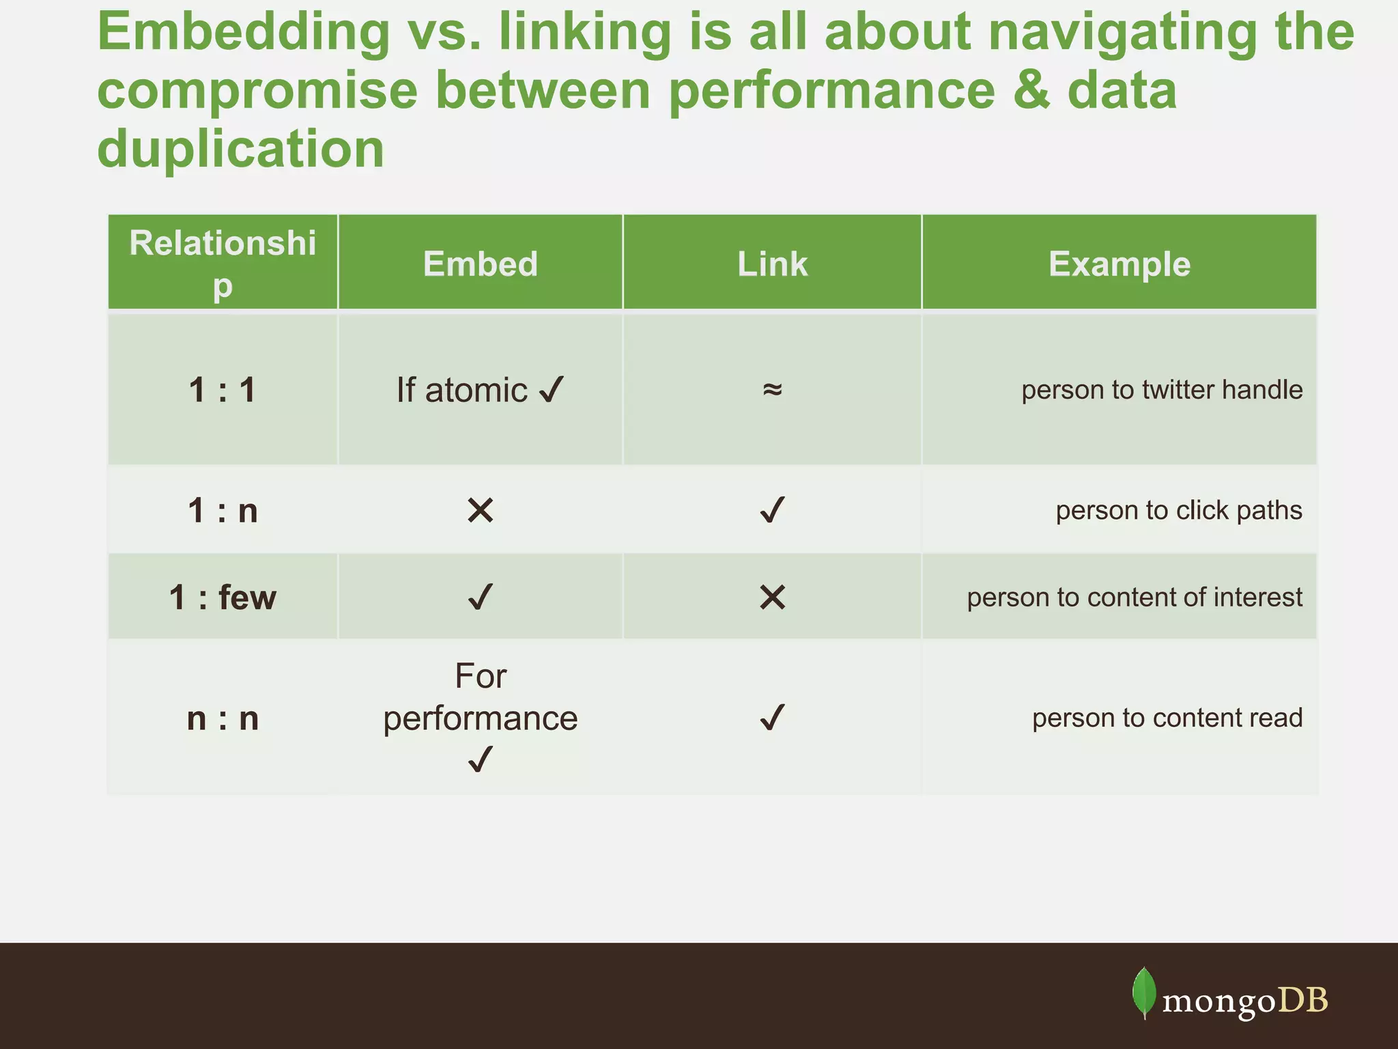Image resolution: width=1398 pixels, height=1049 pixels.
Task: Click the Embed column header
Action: (480, 264)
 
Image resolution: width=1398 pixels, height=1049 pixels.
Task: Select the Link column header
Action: (772, 264)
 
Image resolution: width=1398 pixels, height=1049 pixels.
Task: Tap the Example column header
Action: (1119, 264)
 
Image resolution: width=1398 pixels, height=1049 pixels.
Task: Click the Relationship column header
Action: (223, 264)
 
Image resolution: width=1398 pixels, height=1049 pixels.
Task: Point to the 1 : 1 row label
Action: (223, 390)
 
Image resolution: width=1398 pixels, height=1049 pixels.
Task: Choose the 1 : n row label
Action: (223, 510)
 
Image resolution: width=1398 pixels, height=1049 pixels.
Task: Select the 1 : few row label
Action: (223, 598)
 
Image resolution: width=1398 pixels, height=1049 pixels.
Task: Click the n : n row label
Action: (223, 718)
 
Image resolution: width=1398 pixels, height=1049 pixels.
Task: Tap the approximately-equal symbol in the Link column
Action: (772, 389)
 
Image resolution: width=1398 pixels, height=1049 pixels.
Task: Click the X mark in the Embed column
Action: (481, 510)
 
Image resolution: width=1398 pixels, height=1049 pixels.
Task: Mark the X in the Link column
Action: (772, 598)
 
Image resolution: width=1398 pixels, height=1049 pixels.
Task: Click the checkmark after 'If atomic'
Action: (552, 390)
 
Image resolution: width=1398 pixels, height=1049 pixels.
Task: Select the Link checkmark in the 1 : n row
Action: (772, 510)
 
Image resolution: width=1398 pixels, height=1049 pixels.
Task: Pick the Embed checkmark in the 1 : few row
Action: (481, 598)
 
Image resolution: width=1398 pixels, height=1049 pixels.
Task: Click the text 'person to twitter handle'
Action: (1162, 390)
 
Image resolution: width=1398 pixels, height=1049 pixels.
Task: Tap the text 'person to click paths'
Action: (1179, 510)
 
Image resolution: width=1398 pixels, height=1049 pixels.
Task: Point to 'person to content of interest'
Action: (1135, 598)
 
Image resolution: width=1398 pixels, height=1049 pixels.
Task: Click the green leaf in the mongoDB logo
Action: (1144, 992)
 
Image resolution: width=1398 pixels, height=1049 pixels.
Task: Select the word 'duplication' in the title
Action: (241, 148)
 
